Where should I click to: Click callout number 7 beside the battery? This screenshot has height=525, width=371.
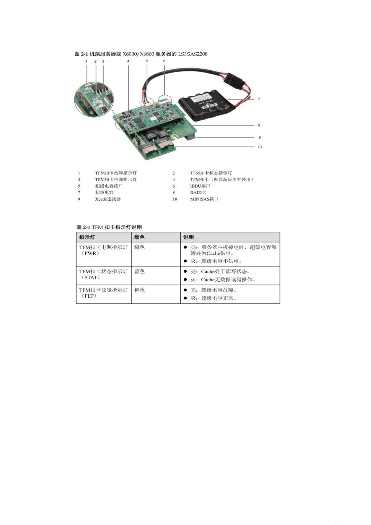pos(259,99)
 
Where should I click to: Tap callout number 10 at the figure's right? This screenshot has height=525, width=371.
pos(260,147)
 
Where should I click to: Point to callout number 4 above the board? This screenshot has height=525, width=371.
pos(128,61)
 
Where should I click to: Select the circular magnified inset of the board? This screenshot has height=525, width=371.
pos(94,102)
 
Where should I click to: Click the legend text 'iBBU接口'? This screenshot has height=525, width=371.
pos(200,186)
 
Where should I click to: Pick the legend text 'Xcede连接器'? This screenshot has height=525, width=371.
pos(108,199)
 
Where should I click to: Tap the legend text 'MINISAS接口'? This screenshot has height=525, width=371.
pos(204,199)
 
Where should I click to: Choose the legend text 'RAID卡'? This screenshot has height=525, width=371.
pos(198,193)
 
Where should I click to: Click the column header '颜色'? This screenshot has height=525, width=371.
pos(139,237)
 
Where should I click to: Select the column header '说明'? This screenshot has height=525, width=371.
pos(188,237)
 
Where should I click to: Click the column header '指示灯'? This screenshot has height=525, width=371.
pos(87,237)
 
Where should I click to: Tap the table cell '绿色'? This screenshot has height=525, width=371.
pos(139,247)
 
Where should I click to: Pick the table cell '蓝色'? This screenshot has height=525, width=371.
pos(139,271)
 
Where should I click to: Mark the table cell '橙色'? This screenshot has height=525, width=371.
pos(139,290)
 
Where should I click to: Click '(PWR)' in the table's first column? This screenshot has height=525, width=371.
pos(90,253)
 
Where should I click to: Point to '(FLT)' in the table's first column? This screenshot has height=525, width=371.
pos(89,296)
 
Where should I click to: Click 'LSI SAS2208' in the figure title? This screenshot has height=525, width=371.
pos(193,54)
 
